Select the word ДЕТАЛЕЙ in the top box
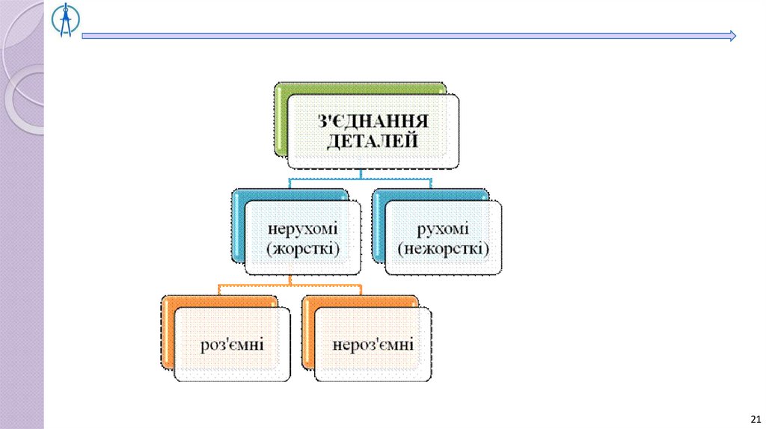pyautogui.click(x=372, y=141)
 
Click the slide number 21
pyautogui.click(x=754, y=418)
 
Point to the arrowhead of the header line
pyautogui.click(x=732, y=35)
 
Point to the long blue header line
pyautogui.click(x=404, y=35)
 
